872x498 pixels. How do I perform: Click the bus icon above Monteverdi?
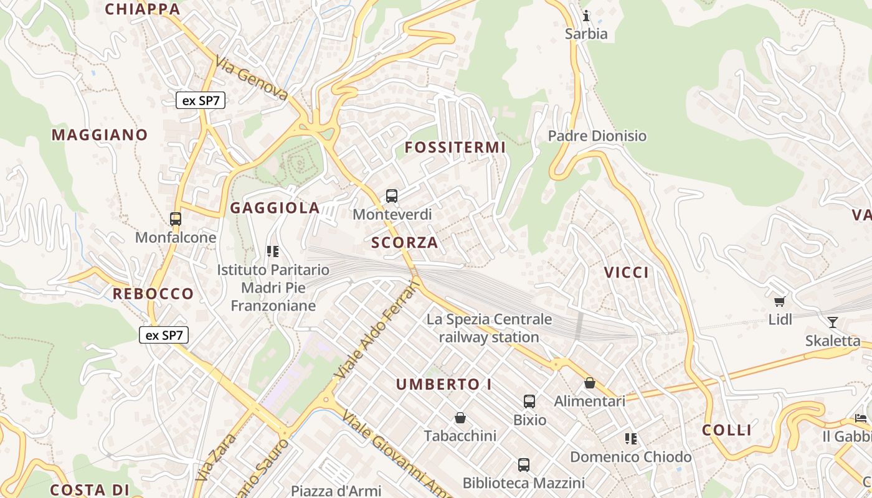coord(392,196)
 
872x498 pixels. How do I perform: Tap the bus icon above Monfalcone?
coord(176,219)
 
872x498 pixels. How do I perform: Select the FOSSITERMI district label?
coord(455,148)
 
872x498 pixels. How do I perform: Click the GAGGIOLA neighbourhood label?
coord(275,208)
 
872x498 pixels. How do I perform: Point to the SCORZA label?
coord(405,243)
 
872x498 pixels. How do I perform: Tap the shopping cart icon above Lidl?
coord(779,302)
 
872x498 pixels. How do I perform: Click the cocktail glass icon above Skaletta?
coord(832,322)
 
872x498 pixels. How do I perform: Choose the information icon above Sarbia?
coord(585,16)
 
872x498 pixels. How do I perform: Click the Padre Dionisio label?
coord(597,136)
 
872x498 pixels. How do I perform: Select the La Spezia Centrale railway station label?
coord(489,328)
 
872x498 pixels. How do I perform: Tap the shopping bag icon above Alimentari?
coord(589,383)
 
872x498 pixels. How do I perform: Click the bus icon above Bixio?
coord(529,402)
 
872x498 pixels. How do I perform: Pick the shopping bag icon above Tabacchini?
coord(460,417)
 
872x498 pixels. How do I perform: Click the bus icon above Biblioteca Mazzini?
coord(524,464)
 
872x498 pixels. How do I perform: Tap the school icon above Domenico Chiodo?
coord(631,439)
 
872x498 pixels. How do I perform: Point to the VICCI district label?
coord(627,272)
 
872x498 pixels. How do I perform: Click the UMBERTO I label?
coord(444,385)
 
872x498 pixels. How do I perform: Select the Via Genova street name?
coord(252,78)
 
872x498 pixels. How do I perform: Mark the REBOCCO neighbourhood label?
coord(153,294)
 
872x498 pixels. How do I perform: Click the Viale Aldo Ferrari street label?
coord(378,330)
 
